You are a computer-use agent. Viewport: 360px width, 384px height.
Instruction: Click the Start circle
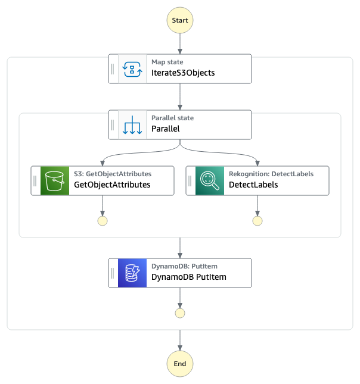(x=180, y=20)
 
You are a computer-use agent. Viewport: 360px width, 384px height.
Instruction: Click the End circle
(x=180, y=364)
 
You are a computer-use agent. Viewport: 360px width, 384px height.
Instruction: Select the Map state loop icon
(x=132, y=69)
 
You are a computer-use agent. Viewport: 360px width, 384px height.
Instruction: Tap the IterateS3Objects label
(x=183, y=73)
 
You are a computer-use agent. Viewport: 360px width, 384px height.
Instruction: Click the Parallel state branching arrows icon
(x=132, y=125)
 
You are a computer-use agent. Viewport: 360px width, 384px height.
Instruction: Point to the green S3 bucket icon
(x=55, y=181)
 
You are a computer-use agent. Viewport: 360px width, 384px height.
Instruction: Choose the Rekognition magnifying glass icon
(x=210, y=181)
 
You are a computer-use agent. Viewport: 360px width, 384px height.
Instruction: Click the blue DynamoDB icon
(x=132, y=273)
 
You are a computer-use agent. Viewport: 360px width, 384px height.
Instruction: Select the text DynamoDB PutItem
(x=189, y=277)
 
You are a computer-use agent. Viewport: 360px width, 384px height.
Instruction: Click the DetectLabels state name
(x=253, y=185)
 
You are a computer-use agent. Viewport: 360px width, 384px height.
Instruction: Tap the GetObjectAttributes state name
(x=112, y=185)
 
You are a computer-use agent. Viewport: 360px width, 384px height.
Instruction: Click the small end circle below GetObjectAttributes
(x=103, y=221)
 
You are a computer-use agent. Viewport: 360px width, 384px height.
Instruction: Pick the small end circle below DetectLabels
(x=257, y=221)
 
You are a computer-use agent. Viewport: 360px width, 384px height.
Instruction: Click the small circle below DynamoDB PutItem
(x=180, y=313)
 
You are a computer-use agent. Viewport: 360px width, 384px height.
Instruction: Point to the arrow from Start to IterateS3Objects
(x=180, y=43)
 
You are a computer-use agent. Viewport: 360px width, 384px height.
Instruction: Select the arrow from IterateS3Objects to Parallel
(x=180, y=96)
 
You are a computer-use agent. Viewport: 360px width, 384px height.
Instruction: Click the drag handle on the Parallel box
(x=112, y=125)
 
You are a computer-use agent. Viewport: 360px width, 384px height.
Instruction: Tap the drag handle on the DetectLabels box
(x=190, y=181)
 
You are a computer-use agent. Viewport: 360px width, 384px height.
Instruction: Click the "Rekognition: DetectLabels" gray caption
(x=271, y=174)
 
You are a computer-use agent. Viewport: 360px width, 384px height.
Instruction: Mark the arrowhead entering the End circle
(x=180, y=348)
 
